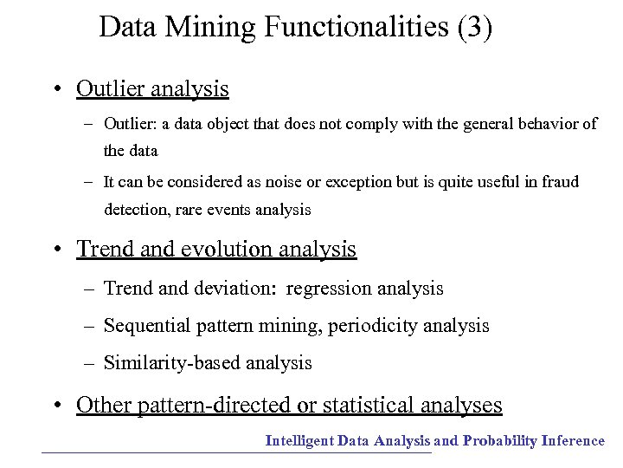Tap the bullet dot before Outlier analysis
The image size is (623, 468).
pyautogui.click(x=55, y=89)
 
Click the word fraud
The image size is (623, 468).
pyautogui.click(x=558, y=182)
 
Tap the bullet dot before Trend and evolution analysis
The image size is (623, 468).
pyautogui.click(x=55, y=250)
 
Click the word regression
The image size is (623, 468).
pyautogui.click(x=325, y=289)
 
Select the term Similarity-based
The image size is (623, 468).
pyautogui.click(x=172, y=363)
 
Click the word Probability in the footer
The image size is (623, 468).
pyautogui.click(x=500, y=441)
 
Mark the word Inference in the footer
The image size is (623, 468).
pyautogui.click(x=573, y=441)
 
